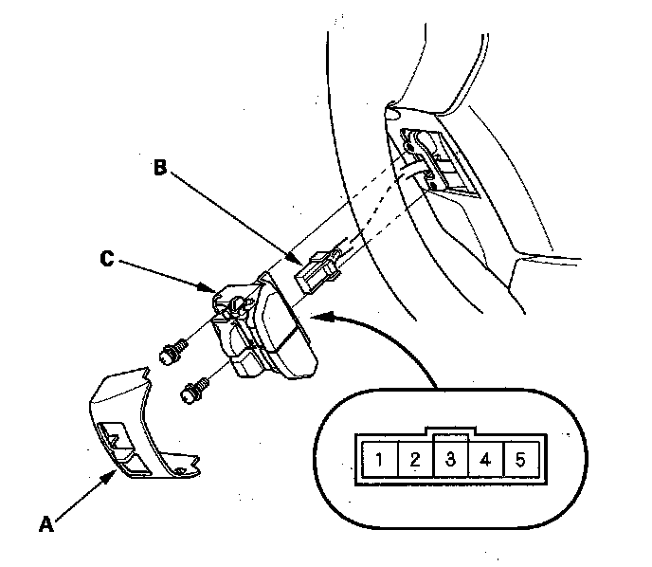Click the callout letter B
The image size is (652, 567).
coord(160,169)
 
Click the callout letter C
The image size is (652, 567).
coord(109,256)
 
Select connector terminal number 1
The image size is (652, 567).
coord(378,462)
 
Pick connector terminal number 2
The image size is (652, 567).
coord(414,462)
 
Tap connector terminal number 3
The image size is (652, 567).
coord(451,462)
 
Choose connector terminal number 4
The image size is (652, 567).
coord(486,462)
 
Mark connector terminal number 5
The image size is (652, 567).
coord(520,462)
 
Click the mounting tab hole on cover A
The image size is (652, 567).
coord(180,469)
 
